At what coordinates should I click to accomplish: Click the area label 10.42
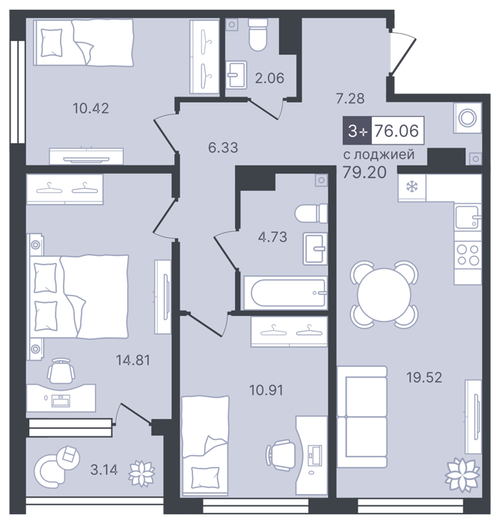(91, 109)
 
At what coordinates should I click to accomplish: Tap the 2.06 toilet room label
(269, 78)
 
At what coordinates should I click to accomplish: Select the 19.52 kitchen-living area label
(424, 377)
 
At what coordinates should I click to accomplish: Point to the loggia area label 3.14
(104, 470)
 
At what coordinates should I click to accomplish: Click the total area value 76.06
(397, 130)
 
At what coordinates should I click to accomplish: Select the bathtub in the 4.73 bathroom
(285, 293)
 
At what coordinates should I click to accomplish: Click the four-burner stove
(468, 254)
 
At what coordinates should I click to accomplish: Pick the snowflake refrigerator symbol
(412, 186)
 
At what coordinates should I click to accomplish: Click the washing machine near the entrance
(467, 118)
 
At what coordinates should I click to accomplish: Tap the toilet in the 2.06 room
(258, 34)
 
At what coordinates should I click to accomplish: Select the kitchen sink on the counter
(468, 217)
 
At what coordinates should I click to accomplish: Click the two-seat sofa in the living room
(362, 416)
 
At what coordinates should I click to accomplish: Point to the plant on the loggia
(142, 473)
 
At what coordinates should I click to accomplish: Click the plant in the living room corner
(462, 475)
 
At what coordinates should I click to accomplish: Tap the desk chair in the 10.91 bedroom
(281, 455)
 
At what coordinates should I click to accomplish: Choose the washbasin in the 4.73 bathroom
(315, 249)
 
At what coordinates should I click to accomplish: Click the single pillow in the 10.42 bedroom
(52, 43)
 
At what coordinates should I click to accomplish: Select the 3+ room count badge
(357, 130)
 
